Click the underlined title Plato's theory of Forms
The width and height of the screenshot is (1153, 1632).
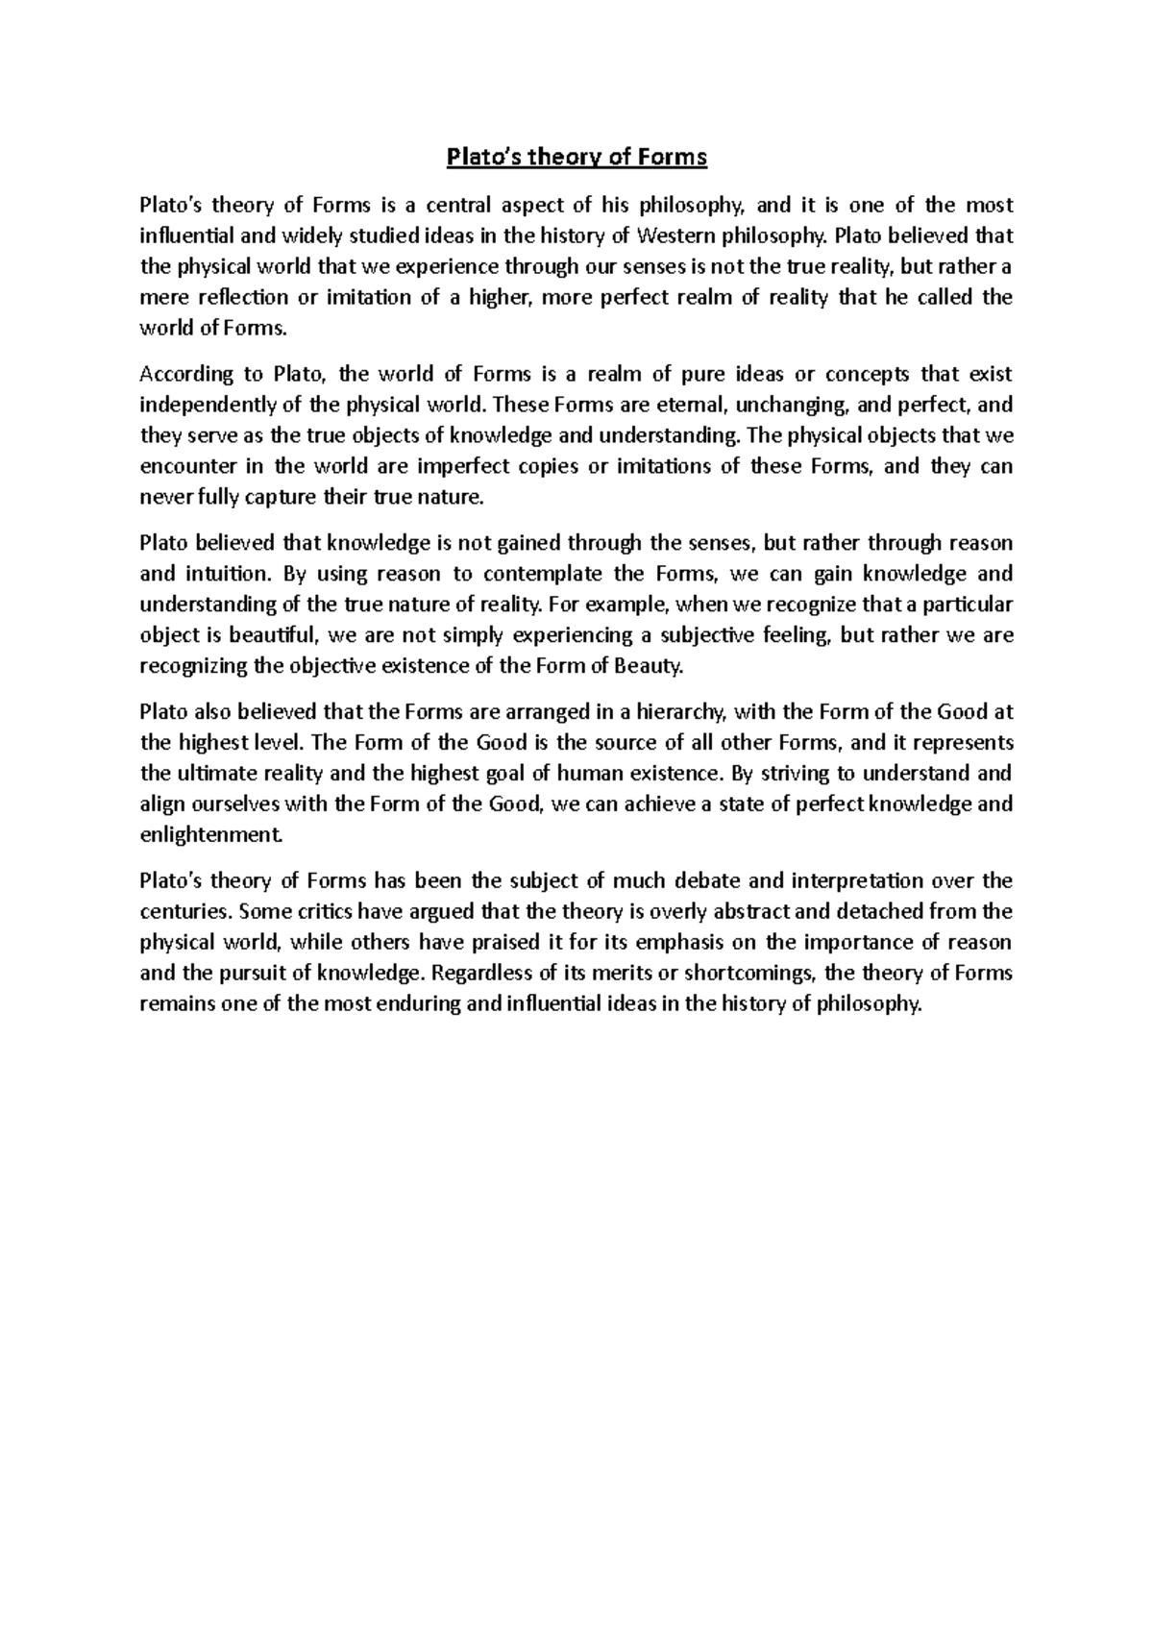pyautogui.click(x=576, y=157)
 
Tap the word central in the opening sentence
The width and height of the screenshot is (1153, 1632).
pyautogui.click(x=457, y=205)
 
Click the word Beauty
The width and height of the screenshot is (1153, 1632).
pyautogui.click(x=654, y=666)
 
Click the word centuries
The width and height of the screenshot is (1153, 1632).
pyautogui.click(x=184, y=911)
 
